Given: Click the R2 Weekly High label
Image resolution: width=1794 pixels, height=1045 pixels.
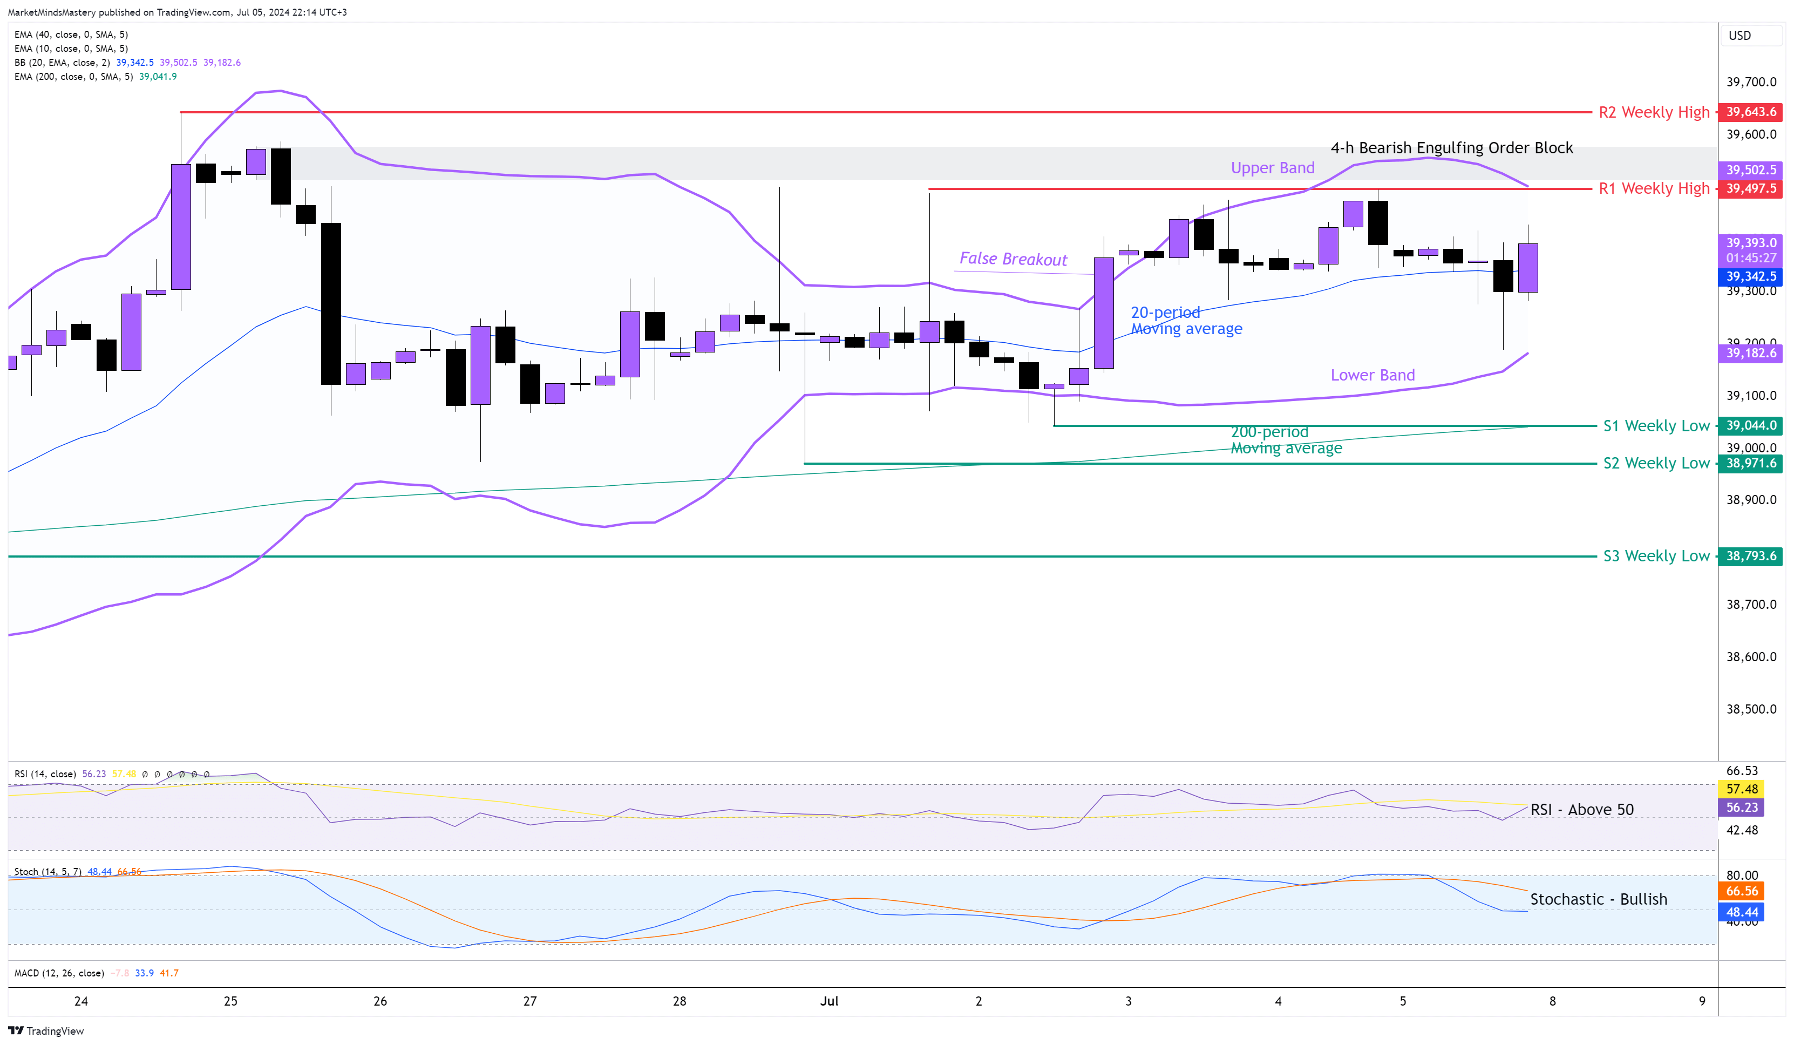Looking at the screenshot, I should point(1653,112).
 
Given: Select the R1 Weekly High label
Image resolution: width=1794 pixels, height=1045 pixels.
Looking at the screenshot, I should point(1653,188).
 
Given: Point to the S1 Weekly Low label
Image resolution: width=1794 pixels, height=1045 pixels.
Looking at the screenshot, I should point(1656,426).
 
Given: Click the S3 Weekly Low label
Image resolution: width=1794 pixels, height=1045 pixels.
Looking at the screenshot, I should point(1656,556).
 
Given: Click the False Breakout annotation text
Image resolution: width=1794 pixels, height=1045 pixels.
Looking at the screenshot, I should point(1012,259).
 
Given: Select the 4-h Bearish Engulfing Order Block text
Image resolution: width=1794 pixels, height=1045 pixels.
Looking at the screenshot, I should point(1452,148).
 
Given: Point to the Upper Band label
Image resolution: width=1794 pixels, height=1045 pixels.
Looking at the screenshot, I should point(1272,168).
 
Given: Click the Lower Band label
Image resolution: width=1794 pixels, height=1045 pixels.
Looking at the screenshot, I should point(1372,375).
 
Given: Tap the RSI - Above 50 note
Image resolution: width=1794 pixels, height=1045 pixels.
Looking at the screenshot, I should point(1581,809).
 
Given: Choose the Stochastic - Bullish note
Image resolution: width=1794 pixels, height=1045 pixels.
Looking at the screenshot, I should point(1598,899).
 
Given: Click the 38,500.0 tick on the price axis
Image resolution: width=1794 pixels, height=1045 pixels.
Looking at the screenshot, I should point(1751,709).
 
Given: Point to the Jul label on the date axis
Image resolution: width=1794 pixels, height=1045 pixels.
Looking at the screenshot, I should point(828,1001).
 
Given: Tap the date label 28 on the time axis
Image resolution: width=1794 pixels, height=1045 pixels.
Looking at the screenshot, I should point(679,1001).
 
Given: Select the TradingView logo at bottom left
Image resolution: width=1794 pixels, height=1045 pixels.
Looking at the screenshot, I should point(46,1031).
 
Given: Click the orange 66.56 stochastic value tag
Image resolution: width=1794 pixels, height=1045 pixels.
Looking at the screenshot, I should point(1741,891).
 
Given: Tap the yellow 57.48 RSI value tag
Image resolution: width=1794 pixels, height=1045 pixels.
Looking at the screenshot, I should point(1741,789).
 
